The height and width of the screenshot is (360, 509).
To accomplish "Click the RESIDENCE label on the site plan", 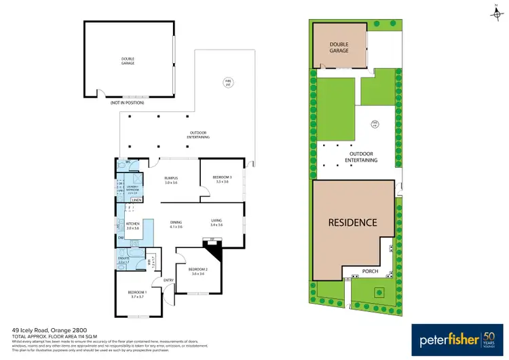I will [352, 222].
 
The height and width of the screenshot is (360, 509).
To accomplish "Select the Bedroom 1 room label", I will [137, 294].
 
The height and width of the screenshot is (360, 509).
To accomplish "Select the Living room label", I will [217, 222].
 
